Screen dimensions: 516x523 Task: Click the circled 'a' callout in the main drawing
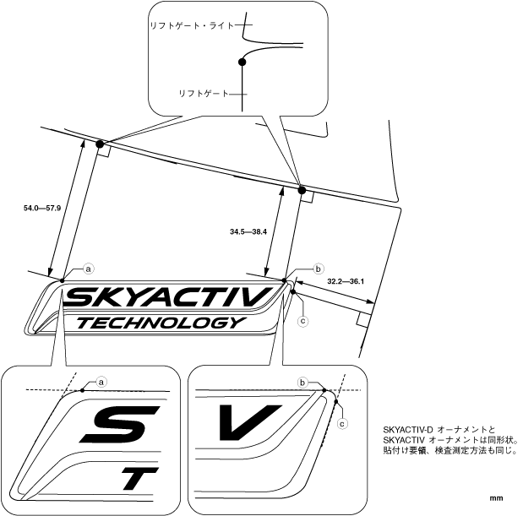[x=89, y=268]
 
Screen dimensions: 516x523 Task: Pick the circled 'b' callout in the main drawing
[x=319, y=269]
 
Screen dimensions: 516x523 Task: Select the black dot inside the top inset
[x=242, y=62]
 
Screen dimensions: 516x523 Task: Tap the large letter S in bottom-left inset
[x=115, y=427]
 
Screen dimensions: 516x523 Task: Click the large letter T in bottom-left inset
[x=139, y=481]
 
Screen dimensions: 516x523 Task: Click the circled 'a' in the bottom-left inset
[x=102, y=382]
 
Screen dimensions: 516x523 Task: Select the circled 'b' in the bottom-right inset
[x=303, y=383]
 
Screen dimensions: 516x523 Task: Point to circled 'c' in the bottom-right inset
[x=342, y=425]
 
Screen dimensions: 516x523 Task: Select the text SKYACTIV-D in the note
[x=408, y=430]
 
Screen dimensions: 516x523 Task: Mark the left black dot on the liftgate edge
[x=101, y=144]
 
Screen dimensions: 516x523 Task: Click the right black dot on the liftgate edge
[x=302, y=190]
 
